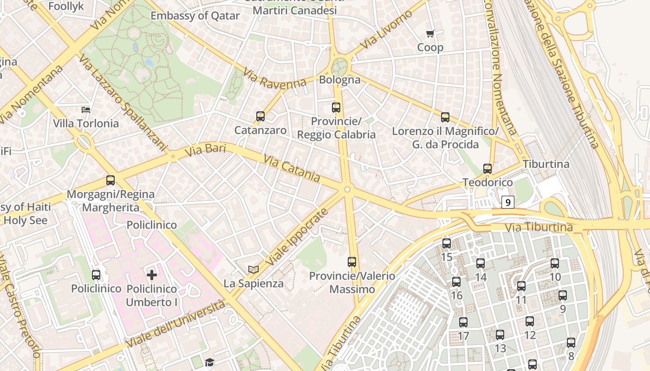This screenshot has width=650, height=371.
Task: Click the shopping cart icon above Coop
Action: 430,33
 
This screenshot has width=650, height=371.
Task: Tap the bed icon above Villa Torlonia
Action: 86,110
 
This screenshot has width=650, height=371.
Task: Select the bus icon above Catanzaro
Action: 260,116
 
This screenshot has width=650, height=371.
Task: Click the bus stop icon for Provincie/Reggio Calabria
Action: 336,108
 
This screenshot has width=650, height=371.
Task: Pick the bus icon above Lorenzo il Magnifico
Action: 445,117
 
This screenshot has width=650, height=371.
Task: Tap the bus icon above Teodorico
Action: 487,169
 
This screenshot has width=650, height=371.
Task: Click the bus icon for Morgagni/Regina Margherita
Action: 110,180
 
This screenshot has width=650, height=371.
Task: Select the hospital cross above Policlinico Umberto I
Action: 152,275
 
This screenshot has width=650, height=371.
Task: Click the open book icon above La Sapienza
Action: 253,269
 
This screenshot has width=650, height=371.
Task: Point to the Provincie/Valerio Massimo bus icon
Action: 352,262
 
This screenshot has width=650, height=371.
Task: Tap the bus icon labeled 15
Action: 447,243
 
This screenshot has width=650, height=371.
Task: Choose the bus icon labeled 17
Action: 463,322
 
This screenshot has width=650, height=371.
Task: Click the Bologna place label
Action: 340,80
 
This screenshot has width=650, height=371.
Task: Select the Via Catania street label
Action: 292,169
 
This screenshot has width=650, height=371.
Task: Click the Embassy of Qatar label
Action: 195,16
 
